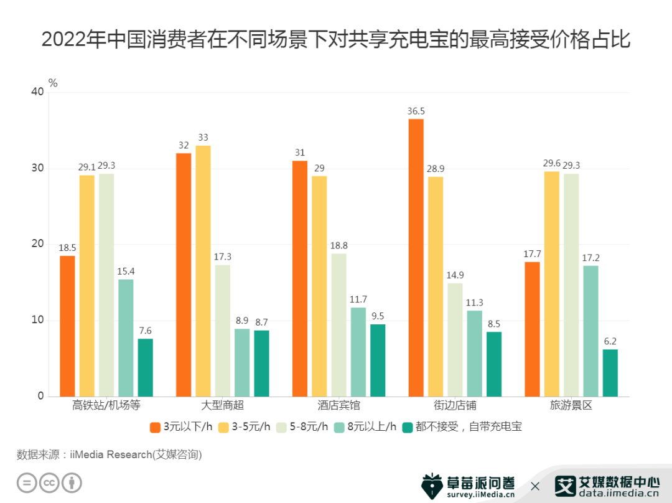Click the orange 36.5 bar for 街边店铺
[x=416, y=258]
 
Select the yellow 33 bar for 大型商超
[x=203, y=271]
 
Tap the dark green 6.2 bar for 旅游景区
[x=610, y=373]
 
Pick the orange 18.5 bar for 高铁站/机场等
[x=67, y=326]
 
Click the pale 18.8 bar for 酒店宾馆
[x=339, y=325]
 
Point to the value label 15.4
[x=126, y=271]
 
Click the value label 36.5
[x=416, y=111]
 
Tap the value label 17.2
[x=590, y=258]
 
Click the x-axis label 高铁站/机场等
[x=106, y=406]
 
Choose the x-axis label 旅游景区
[x=571, y=406]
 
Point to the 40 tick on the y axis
[x=37, y=92]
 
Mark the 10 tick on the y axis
[x=37, y=320]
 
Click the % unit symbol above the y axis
[x=53, y=83]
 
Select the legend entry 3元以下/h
[x=183, y=427]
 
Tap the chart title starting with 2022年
[x=336, y=40]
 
